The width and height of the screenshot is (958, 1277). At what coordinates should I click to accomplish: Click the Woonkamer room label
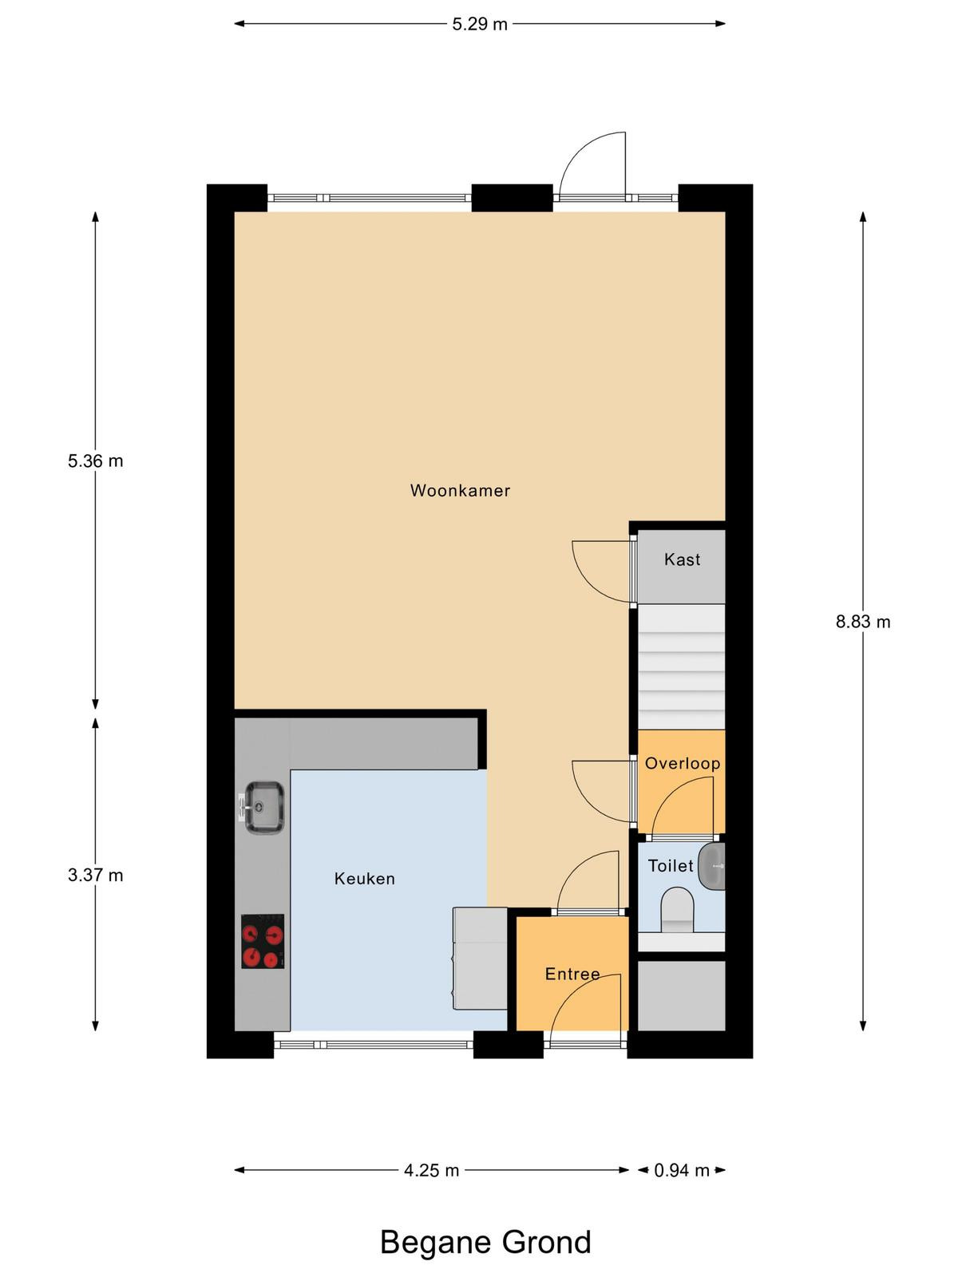tap(460, 490)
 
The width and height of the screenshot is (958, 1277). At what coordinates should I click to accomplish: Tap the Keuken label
tap(365, 879)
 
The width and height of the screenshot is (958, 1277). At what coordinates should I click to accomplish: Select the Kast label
tap(682, 559)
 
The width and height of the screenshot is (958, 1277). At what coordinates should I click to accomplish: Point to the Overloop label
tap(683, 763)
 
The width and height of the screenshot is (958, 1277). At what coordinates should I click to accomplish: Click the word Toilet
tap(671, 866)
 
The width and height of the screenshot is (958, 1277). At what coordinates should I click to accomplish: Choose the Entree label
tap(572, 974)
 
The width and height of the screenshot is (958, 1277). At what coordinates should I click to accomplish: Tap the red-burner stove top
tap(263, 941)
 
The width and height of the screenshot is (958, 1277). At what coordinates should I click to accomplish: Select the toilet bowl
tap(679, 909)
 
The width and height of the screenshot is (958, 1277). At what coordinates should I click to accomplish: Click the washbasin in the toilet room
tap(711, 866)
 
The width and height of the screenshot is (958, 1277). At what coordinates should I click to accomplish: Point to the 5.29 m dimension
tap(480, 25)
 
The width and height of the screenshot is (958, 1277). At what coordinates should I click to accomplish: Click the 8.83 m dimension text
tap(863, 622)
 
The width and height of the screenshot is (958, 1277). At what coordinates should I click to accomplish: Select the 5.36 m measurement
tap(95, 461)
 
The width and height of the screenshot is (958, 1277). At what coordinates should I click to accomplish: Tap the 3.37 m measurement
tap(95, 875)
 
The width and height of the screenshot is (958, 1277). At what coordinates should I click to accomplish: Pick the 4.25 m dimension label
tap(432, 1171)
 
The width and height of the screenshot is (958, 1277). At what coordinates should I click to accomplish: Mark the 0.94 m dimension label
tap(682, 1171)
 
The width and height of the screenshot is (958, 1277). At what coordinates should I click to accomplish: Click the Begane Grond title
tap(485, 1239)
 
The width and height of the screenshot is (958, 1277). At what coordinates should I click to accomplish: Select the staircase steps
tap(682, 666)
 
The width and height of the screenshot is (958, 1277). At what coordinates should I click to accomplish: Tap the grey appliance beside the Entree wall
tap(480, 959)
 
